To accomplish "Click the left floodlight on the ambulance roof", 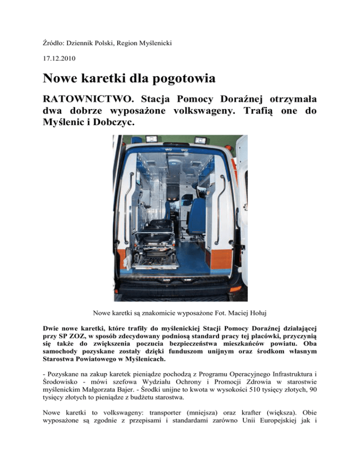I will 152,138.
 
